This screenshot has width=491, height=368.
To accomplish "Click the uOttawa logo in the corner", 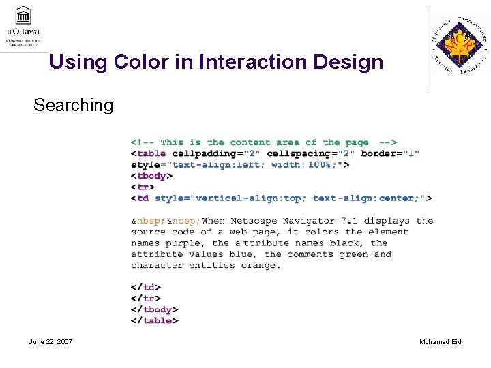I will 23,25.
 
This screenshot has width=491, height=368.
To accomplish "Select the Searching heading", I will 73,105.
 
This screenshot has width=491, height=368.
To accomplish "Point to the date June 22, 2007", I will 50,341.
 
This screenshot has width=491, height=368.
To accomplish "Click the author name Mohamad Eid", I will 440,341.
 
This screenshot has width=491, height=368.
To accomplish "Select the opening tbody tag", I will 151,175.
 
